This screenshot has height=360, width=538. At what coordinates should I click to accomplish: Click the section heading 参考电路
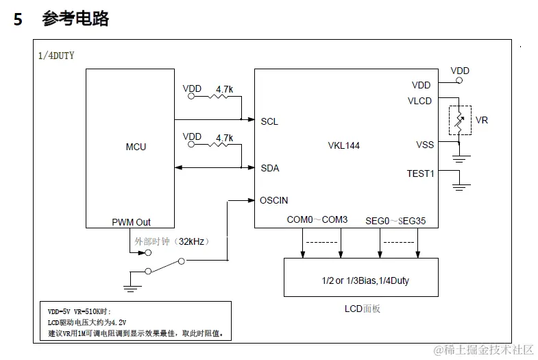point(75,19)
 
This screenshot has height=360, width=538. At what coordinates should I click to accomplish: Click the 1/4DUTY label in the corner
point(56,55)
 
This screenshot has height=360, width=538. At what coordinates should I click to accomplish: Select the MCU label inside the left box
point(136,147)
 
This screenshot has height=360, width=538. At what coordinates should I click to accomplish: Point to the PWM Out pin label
point(131,222)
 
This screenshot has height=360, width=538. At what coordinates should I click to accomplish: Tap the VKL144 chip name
point(343,145)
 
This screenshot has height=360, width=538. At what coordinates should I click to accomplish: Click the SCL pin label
point(269,121)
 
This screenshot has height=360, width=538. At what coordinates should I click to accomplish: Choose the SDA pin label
point(270,168)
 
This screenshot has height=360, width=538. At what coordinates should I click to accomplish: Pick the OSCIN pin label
point(273,200)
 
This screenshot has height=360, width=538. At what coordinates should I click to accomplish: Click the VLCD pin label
point(419,101)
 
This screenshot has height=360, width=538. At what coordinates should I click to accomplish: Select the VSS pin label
point(424,145)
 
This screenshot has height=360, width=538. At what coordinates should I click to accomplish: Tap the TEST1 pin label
point(420,173)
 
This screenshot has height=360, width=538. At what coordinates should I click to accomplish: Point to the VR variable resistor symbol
point(460,120)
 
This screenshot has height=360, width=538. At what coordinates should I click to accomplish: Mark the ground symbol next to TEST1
point(461,184)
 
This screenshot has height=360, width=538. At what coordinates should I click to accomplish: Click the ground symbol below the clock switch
point(132,278)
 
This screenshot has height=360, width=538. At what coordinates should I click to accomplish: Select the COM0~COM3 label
point(317,220)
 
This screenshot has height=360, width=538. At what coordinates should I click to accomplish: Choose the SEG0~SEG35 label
point(395,220)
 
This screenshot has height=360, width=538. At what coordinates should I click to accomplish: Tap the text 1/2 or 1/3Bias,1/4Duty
point(360,280)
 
